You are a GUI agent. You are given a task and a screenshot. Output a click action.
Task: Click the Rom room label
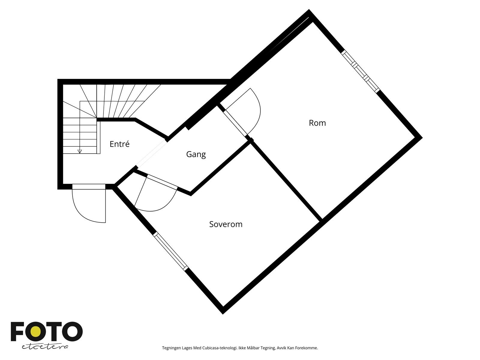[317, 123]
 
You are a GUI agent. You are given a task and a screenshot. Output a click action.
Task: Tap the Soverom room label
[226, 224]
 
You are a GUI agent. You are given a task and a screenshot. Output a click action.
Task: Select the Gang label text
[196, 154]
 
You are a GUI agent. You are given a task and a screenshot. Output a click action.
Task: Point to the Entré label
[119, 144]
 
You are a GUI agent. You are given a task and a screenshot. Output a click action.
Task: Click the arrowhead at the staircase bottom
[79, 151]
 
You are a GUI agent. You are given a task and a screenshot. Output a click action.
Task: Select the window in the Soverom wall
[171, 251]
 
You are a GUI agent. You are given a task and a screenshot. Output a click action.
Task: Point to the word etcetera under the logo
[45, 347]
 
